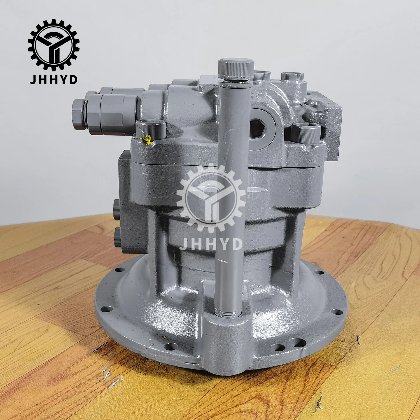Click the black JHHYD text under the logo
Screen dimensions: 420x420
53,80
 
